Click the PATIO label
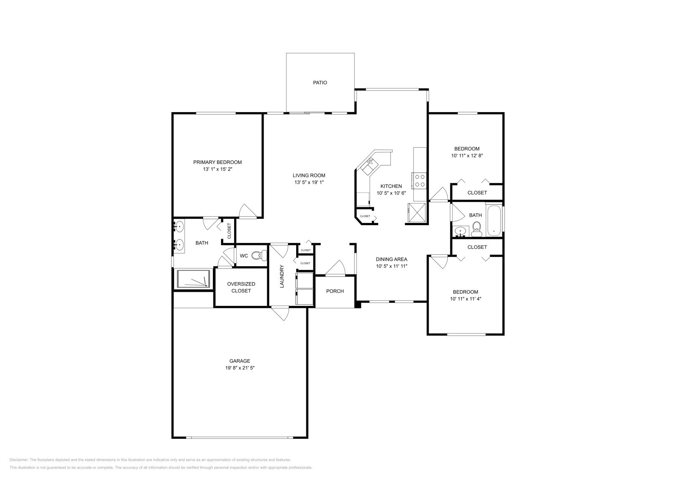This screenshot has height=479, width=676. (x=320, y=83)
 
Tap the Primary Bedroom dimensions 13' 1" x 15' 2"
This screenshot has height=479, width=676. (x=218, y=169)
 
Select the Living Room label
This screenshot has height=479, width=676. (x=309, y=176)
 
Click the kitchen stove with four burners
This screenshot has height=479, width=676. (x=420, y=181)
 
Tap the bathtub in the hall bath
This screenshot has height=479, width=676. (x=493, y=220)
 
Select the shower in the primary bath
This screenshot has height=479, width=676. (x=194, y=280)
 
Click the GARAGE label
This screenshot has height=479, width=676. (x=240, y=361)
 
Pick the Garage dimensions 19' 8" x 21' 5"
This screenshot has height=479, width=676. (x=240, y=368)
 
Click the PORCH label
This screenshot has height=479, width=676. (x=335, y=291)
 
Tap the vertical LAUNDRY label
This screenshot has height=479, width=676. (x=282, y=276)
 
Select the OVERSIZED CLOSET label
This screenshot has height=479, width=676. (x=241, y=287)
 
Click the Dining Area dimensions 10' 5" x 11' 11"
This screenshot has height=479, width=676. (x=391, y=267)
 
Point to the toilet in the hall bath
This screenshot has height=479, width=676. (x=477, y=228)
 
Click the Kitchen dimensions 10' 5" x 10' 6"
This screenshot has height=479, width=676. (x=391, y=193)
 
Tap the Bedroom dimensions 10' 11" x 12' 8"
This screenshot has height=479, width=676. (x=467, y=156)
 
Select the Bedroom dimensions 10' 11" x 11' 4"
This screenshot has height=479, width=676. (x=465, y=299)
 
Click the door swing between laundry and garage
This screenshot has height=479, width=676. (x=280, y=314)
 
